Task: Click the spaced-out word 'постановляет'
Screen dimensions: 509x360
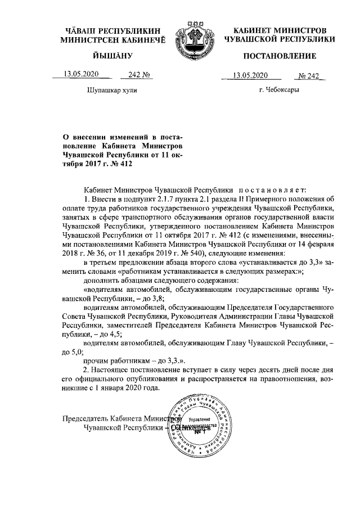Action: [273, 191]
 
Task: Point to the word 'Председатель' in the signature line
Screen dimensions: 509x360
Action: [85, 419]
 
